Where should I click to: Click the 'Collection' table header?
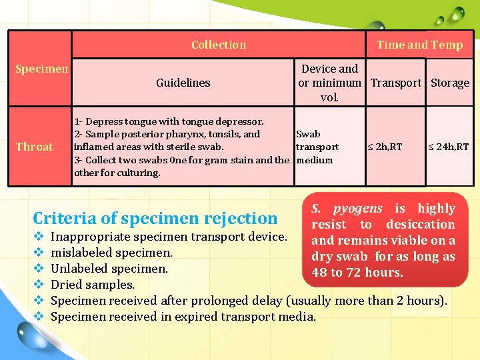click(x=219, y=45)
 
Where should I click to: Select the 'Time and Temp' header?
click(x=419, y=45)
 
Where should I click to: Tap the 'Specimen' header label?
click(x=41, y=69)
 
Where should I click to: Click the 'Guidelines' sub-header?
click(x=183, y=83)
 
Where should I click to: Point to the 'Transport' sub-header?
click(x=396, y=83)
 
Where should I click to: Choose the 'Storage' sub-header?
click(x=449, y=83)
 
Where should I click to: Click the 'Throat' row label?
click(x=35, y=147)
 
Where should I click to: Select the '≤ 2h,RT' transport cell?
click(x=385, y=147)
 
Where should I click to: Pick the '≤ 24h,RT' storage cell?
click(x=448, y=147)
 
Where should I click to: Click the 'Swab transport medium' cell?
click(x=317, y=147)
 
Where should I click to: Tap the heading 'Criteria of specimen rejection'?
click(x=155, y=218)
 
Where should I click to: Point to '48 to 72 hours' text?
click(x=357, y=273)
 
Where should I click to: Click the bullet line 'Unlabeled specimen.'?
click(x=109, y=269)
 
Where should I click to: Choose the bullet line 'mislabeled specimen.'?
click(x=111, y=253)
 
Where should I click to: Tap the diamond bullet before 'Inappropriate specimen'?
click(x=38, y=237)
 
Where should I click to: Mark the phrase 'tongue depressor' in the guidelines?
click(x=227, y=121)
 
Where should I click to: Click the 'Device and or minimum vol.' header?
click(x=329, y=83)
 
